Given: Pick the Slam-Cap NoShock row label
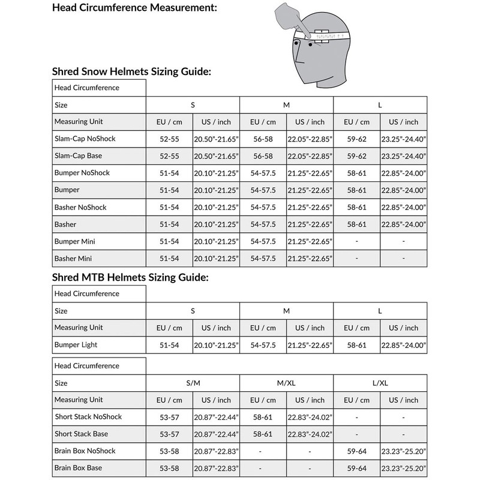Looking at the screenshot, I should pos(84,139).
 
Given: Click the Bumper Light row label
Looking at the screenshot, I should pos(76,345).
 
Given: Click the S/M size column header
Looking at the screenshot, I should pos(193,383).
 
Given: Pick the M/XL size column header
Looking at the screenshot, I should pos(286,383).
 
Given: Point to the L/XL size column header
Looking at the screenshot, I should pos(380,383).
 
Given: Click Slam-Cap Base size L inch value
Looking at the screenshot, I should pos(403,156).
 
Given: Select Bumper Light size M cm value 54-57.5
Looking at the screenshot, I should pos(263,346).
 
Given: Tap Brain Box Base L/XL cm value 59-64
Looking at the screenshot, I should pos(356,468).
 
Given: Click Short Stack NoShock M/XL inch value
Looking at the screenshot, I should pos(310,417).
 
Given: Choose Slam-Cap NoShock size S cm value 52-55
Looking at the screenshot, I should pos(169,139).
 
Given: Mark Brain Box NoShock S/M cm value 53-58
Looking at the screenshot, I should pos(169,451).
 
